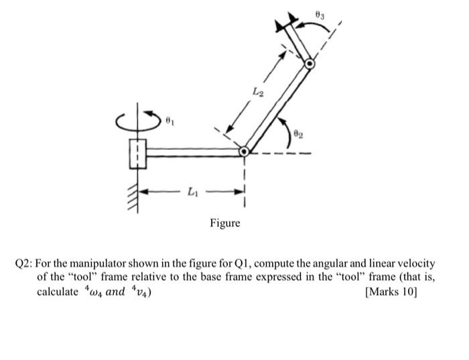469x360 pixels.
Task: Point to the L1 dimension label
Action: [x=192, y=193]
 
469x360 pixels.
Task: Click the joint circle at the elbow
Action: [x=245, y=152]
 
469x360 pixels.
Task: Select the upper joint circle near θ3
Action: [x=309, y=64]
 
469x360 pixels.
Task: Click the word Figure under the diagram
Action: [x=224, y=223]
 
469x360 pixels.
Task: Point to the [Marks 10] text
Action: [x=391, y=292]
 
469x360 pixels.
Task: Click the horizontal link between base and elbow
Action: [x=194, y=152]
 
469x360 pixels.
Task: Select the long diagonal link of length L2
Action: [x=277, y=109]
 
